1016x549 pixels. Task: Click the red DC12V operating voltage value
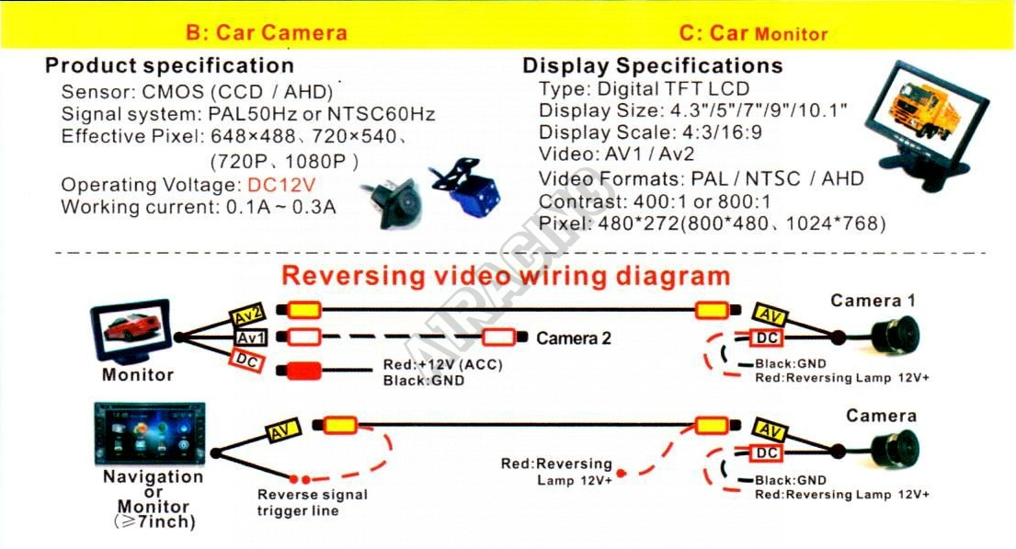(x=281, y=186)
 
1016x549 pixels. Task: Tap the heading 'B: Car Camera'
(x=267, y=32)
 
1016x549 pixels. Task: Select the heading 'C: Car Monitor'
(x=754, y=33)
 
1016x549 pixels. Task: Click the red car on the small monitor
(x=132, y=326)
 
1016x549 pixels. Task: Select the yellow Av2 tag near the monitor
(x=247, y=316)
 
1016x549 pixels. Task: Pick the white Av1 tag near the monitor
(x=251, y=337)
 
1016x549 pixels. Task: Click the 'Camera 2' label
(x=574, y=338)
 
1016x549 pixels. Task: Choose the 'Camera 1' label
(x=873, y=301)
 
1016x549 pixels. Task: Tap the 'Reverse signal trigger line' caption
(x=313, y=502)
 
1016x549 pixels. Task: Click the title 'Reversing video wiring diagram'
(x=506, y=276)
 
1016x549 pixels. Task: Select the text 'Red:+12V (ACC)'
(x=442, y=365)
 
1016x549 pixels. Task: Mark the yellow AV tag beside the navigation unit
(x=283, y=431)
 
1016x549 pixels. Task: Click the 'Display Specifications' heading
(x=653, y=65)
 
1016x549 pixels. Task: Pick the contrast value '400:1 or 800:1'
(x=702, y=201)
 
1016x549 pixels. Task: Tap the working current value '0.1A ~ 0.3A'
(x=280, y=208)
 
